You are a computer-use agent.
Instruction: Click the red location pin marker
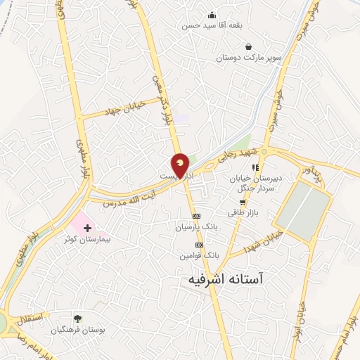181,165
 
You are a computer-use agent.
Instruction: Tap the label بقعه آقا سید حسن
211,26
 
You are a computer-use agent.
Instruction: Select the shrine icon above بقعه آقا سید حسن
212,15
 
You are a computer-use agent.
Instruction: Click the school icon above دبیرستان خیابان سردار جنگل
256,167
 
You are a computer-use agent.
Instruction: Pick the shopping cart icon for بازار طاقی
243,202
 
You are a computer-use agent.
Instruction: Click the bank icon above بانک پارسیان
197,216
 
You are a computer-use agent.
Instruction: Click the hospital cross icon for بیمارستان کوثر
88,228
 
